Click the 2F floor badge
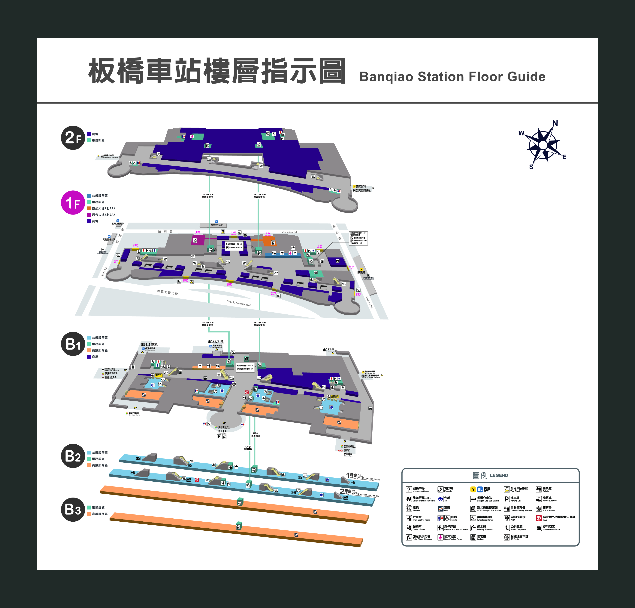73,138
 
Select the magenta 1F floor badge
73,202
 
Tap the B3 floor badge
73,509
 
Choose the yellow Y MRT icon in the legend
473,489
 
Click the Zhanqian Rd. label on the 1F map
289,232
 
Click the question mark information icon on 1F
295,253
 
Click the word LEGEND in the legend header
499,475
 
